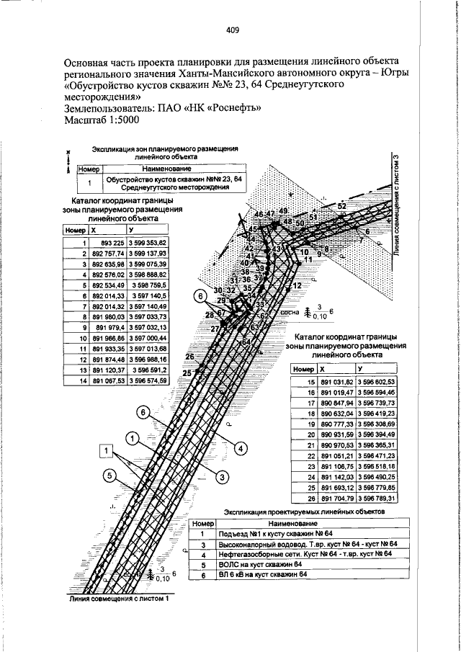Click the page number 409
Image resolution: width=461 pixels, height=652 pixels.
[232, 30]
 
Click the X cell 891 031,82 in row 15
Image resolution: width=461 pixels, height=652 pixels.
[335, 381]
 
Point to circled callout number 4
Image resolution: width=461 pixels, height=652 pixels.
[237, 447]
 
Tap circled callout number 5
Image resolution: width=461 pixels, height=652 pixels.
[109, 475]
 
